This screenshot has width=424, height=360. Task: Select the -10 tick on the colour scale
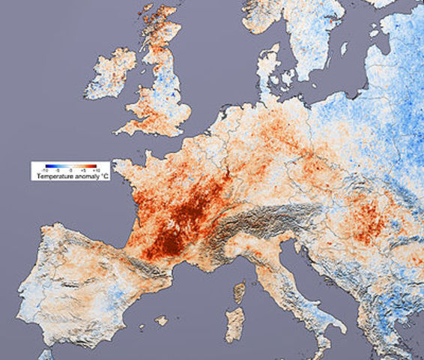tap(45, 170)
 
